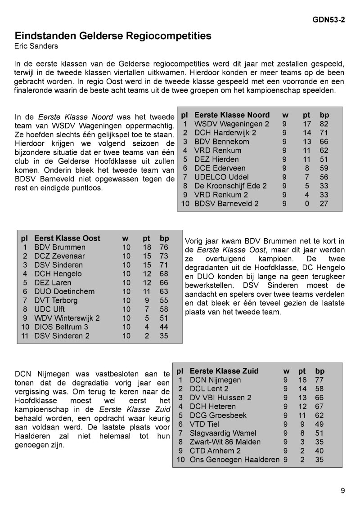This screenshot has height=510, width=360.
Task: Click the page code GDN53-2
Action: point(329,20)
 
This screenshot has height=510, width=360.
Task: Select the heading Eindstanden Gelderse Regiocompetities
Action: point(113,36)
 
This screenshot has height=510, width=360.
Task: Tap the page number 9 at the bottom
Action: point(343,491)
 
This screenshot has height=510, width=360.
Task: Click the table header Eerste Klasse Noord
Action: point(232,115)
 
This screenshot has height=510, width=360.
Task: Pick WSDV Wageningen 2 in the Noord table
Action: point(231,124)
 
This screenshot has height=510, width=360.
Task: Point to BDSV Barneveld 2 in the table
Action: point(226,203)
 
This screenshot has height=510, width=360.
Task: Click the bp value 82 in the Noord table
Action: point(324,124)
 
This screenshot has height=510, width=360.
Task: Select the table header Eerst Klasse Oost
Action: point(67,238)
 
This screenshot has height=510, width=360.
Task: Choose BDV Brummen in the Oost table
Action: point(60,247)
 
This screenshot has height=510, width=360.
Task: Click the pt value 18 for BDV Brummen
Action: point(147,247)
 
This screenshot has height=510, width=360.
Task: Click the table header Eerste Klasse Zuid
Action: point(224,371)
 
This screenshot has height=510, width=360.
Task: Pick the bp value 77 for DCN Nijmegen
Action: point(319,380)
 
